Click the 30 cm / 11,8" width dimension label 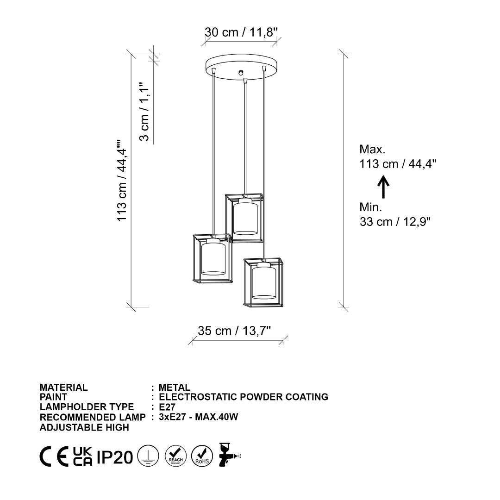(241, 32)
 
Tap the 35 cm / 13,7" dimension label (234, 331)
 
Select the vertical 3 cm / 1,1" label (144, 111)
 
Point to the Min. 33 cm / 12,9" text (395, 214)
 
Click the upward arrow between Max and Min (383, 187)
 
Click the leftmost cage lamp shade (212, 258)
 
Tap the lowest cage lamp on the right (263, 282)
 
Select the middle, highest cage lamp (244, 218)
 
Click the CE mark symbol (54, 456)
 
